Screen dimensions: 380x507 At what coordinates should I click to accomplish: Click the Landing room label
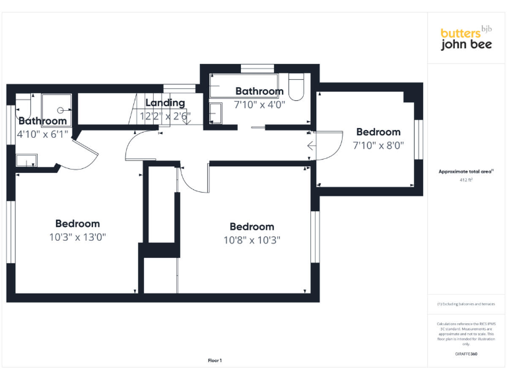(165, 103)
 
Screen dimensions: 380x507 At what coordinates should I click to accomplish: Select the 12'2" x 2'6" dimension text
(165, 116)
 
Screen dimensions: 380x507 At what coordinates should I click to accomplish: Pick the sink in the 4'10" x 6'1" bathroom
(26, 160)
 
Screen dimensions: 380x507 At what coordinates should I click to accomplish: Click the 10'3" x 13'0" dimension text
(77, 237)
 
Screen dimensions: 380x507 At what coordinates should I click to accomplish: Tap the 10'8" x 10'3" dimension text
(252, 240)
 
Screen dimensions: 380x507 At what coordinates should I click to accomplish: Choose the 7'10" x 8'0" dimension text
(378, 145)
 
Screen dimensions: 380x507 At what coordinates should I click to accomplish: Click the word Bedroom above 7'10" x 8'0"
(378, 132)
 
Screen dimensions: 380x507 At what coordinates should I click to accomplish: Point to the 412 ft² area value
(466, 179)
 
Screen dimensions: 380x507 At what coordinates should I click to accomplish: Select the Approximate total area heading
(466, 172)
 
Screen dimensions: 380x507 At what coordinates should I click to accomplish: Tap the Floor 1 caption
(215, 360)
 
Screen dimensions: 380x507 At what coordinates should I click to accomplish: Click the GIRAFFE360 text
(466, 355)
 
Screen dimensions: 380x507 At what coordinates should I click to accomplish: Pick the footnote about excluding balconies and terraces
(466, 304)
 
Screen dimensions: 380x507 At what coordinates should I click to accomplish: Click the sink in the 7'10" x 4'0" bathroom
(217, 113)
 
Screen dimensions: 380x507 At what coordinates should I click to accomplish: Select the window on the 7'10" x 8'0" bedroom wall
(417, 139)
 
